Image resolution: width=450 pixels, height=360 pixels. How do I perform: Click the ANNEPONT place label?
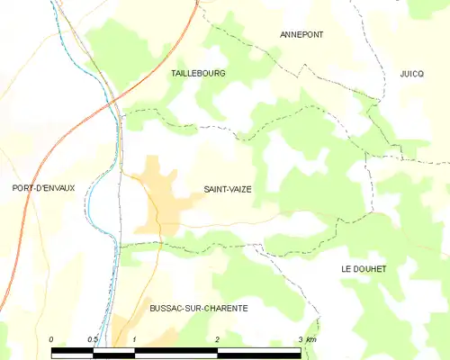pyautogui.click(x=301, y=34)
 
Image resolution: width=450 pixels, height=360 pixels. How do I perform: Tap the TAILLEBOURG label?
pyautogui.click(x=198, y=73)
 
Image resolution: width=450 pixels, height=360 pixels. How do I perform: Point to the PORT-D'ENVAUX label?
pyautogui.click(x=43, y=188)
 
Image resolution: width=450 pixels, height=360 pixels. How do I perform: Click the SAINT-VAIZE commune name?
pyautogui.click(x=228, y=189)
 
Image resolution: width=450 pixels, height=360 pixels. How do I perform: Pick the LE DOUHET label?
pyautogui.click(x=364, y=269)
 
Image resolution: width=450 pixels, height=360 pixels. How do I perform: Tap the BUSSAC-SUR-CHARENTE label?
pyautogui.click(x=198, y=308)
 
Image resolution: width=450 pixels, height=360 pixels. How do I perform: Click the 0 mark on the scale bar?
pyautogui.click(x=52, y=338)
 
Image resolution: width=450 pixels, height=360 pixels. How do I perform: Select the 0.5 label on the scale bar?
pyautogui.click(x=93, y=338)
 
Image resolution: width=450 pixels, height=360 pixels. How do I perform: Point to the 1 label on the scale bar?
pyautogui.click(x=134, y=338)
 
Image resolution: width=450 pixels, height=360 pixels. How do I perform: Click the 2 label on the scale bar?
pyautogui.click(x=218, y=338)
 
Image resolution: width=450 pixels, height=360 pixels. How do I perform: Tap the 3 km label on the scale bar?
pyautogui.click(x=306, y=338)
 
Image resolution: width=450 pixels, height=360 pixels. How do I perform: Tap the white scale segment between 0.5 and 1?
pyautogui.click(x=113, y=347)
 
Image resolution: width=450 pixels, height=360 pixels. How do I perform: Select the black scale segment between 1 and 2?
pyautogui.click(x=175, y=347)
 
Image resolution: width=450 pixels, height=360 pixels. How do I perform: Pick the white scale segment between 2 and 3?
pyautogui.click(x=259, y=347)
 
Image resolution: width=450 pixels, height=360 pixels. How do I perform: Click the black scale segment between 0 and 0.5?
pyautogui.click(x=72, y=347)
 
